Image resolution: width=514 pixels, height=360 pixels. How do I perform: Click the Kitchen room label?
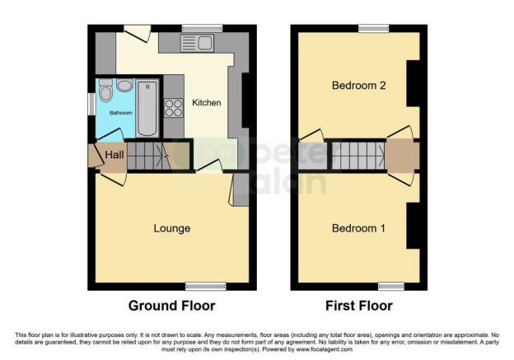coord(206,103)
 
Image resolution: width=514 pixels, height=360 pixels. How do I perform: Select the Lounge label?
coord(171,228)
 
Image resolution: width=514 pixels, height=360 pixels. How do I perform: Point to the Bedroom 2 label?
coord(358,86)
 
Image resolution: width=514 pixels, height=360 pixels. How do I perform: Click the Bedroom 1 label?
coord(358,228)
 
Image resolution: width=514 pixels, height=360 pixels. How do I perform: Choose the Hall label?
coord(114,154)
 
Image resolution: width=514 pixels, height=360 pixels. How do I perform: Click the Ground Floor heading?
coord(171,306)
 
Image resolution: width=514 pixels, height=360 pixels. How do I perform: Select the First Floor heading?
coord(358,306)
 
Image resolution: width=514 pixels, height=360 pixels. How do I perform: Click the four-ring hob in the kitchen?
coord(174,108)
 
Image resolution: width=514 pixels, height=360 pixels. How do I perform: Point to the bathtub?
coord(148,107)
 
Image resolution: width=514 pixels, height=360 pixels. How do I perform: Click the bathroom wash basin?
coord(124,85)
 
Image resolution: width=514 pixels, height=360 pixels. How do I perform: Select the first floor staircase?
coord(357,155)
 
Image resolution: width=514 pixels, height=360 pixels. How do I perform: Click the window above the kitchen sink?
coord(196,29)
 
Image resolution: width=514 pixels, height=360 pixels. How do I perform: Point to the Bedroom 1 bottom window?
coord(390,287)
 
